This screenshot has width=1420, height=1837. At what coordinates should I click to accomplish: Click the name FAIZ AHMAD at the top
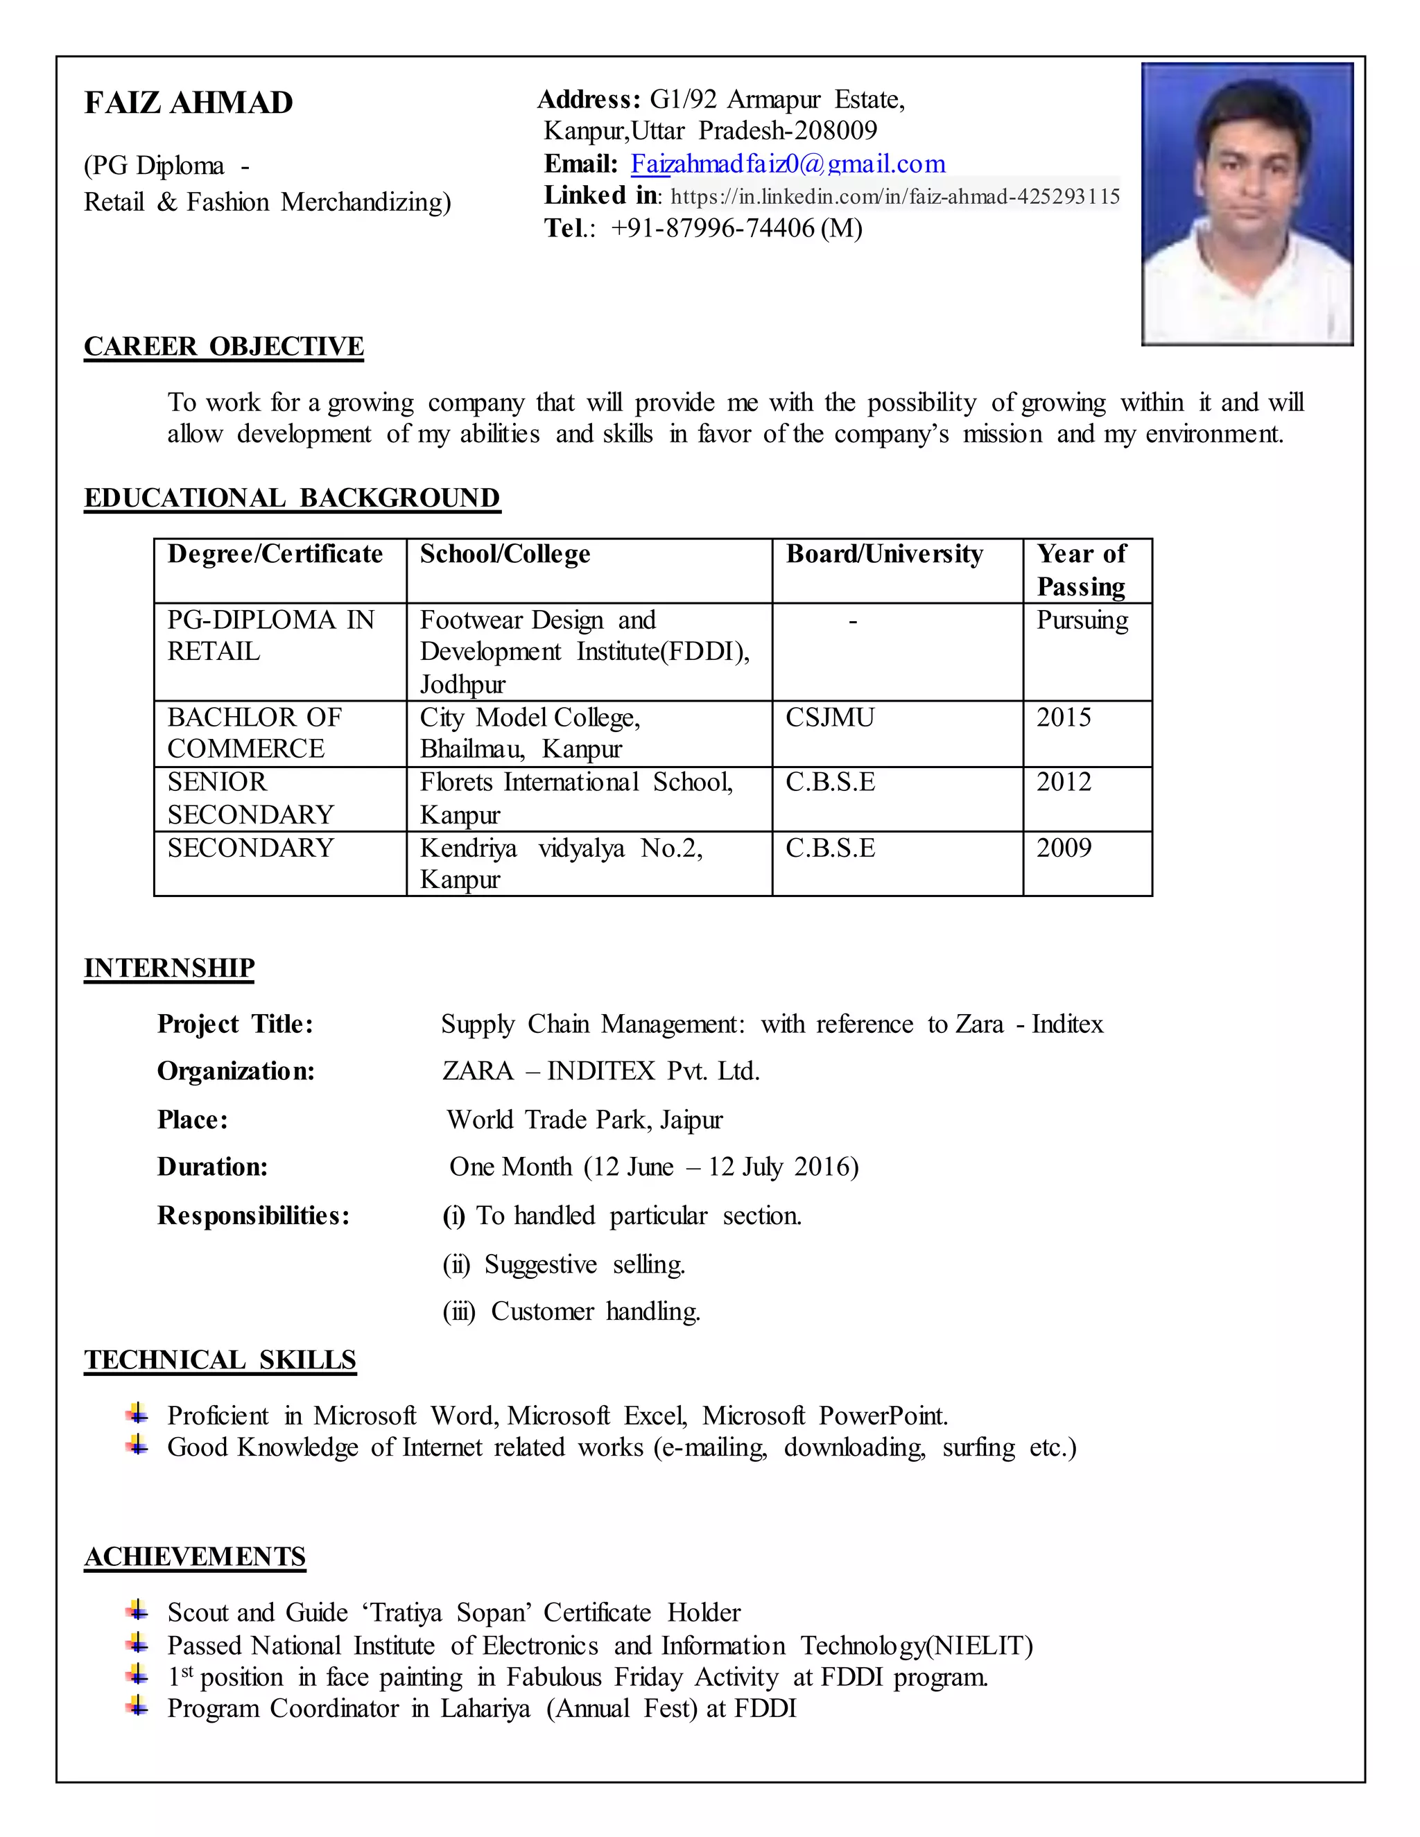pyautogui.click(x=189, y=103)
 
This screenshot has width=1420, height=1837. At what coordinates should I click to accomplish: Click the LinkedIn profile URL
pyautogui.click(x=895, y=196)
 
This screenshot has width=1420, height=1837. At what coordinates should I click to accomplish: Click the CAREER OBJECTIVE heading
pyautogui.click(x=224, y=347)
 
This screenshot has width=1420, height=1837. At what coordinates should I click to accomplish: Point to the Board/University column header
pyautogui.click(x=884, y=555)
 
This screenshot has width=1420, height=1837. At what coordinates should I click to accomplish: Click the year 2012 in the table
pyautogui.click(x=1064, y=782)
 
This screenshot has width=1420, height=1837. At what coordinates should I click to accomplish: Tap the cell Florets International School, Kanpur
pyautogui.click(x=576, y=797)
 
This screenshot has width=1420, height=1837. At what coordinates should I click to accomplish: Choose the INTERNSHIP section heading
pyautogui.click(x=169, y=968)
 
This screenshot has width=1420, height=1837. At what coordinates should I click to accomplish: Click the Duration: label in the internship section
pyautogui.click(x=213, y=1167)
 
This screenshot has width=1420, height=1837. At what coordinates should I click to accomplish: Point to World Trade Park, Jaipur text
pyautogui.click(x=585, y=1120)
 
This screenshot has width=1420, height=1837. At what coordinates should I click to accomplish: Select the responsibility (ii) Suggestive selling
pyautogui.click(x=564, y=1264)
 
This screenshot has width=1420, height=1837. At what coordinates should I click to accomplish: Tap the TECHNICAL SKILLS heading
pyautogui.click(x=220, y=1360)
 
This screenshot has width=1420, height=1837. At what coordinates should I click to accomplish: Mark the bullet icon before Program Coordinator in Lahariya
pyautogui.click(x=137, y=1707)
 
